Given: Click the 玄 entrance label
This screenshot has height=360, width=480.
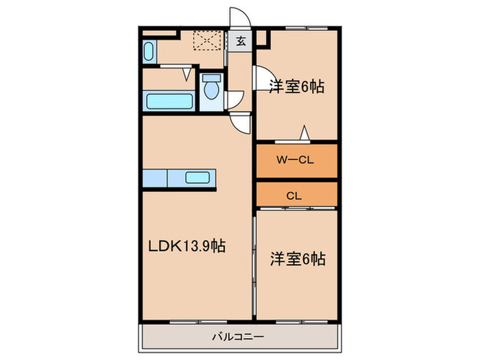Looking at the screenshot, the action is coord(241,40).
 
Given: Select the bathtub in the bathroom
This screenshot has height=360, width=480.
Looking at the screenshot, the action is coord(169,101).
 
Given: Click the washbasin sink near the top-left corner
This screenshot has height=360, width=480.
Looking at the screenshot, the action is coord(149,51).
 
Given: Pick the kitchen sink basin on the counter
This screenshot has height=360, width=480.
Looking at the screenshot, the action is coord(197,178).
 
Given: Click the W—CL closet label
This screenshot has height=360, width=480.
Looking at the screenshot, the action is coord(295,160).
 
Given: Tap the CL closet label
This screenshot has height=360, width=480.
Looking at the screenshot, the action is coord(294,195).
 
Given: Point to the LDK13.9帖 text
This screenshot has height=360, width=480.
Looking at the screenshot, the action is coord(187,245).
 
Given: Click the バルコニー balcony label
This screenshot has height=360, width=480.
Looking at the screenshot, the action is coord(238,337).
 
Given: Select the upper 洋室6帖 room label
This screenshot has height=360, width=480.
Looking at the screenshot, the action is coord(296,86).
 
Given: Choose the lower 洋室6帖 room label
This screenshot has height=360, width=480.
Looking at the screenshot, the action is coord(298,259).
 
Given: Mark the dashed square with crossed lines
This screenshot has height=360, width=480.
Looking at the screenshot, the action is coord(207,40).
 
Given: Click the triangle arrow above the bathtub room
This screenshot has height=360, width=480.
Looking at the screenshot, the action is coord(187,74).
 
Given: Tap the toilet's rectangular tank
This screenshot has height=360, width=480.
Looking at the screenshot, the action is coord(211,78).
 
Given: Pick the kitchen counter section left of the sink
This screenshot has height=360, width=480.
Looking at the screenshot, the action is coord(155,178).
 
